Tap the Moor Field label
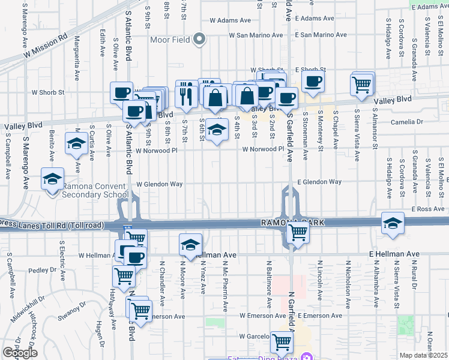tap(170, 40)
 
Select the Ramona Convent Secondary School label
tap(95, 190)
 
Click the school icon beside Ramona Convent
tap(53, 179)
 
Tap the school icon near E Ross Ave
tap(393, 223)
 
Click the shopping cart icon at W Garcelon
tap(282, 343)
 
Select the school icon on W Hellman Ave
tap(190, 244)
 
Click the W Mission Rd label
tap(46, 46)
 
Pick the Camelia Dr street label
tap(406, 122)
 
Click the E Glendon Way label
tap(319, 182)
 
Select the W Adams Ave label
tap(230, 20)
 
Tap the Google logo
tap(20, 353)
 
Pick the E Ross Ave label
tap(427, 209)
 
